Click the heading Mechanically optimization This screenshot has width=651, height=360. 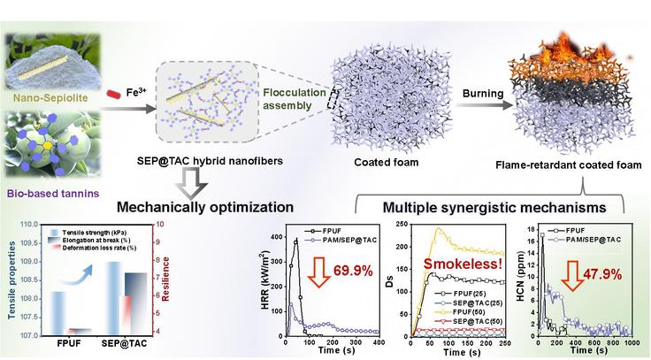[205, 207]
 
